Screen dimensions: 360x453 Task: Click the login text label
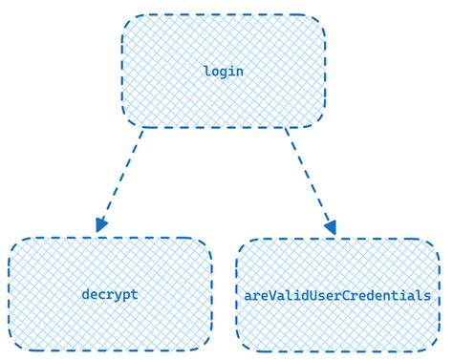224,72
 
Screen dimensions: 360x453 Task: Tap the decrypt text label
110,294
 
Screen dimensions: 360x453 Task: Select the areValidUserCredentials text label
337,295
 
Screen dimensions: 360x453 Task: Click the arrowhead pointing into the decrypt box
100,225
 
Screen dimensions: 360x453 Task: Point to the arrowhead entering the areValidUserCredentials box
331,227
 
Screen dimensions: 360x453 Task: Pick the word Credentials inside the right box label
389,295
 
